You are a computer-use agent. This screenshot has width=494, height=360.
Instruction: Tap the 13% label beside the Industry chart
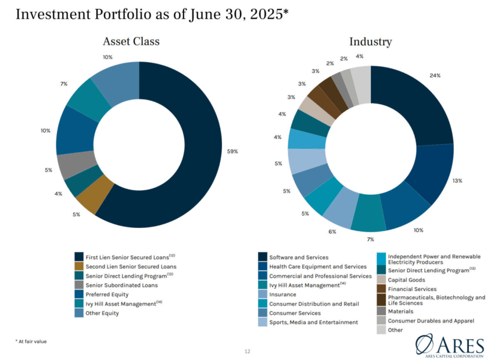tap(457, 181)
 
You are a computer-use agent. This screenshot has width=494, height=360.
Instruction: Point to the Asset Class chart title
tap(131, 41)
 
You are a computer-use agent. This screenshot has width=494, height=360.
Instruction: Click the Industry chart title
tap(370, 41)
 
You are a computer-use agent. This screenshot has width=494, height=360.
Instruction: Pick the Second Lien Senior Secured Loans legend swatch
tap(79, 266)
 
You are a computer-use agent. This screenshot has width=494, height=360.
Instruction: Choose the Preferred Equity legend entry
tap(107, 294)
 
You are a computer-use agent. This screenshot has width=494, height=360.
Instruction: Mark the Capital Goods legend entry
tap(406, 280)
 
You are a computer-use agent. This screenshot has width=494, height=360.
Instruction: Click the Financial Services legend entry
tap(411, 288)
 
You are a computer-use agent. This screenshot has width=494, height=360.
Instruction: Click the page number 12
tap(246, 351)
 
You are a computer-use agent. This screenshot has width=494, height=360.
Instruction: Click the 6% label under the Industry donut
tap(332, 231)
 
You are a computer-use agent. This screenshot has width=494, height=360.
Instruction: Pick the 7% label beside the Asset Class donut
tap(64, 84)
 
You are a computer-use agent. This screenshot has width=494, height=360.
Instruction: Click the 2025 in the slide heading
tap(261, 14)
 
